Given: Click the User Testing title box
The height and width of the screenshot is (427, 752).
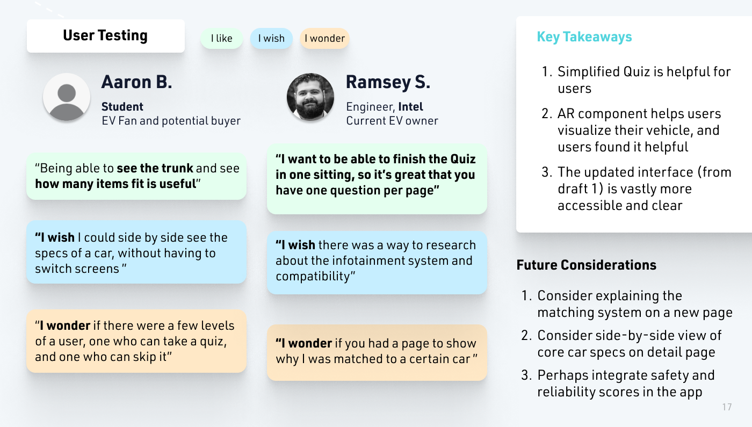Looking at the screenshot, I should [x=105, y=36].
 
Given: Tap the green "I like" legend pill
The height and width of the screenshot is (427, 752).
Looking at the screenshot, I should [x=221, y=38].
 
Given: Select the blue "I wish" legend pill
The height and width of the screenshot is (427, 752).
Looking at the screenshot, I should [x=271, y=38].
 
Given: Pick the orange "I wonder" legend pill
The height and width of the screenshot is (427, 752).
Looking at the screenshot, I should [x=324, y=38].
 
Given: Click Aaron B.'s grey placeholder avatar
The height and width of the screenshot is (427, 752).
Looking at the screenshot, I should [x=67, y=97].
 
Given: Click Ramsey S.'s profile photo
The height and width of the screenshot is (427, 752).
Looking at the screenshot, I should [x=310, y=97].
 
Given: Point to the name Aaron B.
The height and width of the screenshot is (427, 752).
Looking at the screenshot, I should [x=136, y=82].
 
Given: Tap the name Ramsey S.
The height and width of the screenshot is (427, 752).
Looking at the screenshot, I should [x=388, y=82].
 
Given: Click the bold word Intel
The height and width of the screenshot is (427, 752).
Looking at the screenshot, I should [x=410, y=106].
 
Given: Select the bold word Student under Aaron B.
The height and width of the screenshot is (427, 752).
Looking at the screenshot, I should [x=122, y=106].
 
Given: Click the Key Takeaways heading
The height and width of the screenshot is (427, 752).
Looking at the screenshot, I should [x=584, y=37].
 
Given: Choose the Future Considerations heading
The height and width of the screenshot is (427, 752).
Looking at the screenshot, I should [x=586, y=265].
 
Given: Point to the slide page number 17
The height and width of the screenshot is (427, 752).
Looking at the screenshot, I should [x=726, y=407].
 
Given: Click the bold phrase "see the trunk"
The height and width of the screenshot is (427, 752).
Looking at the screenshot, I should [x=155, y=168].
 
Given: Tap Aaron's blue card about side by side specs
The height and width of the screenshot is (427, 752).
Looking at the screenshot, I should [x=136, y=252].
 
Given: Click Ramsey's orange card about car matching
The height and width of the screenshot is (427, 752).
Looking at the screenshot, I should [x=377, y=352].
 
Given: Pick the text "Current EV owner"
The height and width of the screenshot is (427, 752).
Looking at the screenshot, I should [x=392, y=121].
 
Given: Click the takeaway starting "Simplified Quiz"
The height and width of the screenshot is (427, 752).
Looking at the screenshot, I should [x=643, y=79].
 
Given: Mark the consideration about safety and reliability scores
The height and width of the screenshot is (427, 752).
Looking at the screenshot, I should [x=625, y=383].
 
